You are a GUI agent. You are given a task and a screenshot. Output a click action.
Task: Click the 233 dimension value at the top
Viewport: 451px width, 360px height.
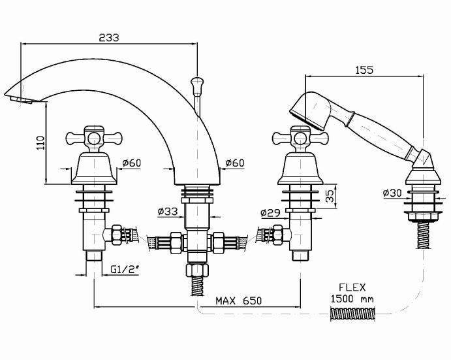(109, 38)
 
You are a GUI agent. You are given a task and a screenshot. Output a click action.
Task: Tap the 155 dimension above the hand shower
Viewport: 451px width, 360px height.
(364, 70)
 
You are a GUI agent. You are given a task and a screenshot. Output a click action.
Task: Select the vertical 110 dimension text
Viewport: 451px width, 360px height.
(41, 142)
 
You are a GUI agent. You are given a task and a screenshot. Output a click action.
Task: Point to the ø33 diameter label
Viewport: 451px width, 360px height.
(168, 212)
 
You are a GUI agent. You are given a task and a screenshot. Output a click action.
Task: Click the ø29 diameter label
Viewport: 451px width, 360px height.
(270, 213)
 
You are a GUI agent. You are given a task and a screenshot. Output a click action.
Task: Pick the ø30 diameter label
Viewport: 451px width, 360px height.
(392, 193)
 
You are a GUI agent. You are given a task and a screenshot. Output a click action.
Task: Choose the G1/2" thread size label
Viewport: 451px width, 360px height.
(125, 269)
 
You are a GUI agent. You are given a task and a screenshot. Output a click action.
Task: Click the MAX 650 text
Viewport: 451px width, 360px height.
(239, 301)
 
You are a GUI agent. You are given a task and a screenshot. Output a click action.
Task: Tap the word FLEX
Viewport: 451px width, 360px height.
(352, 287)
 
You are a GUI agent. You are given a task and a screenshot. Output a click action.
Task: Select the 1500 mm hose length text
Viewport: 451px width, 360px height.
(352, 299)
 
